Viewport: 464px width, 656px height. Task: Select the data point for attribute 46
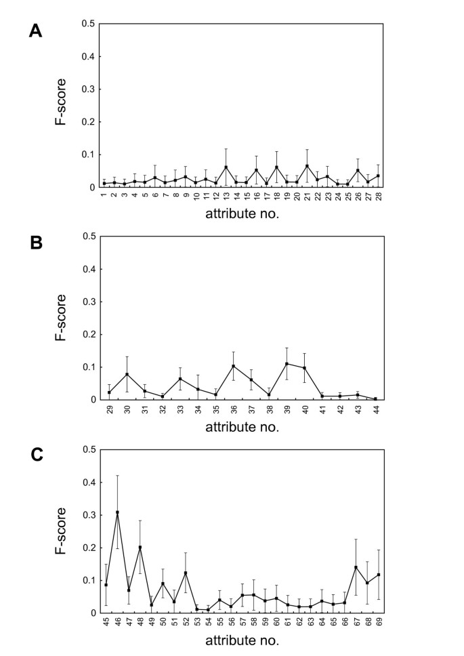tap(117, 512)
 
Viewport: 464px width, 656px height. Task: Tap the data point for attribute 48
tap(140, 547)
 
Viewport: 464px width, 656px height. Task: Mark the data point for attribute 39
tap(287, 364)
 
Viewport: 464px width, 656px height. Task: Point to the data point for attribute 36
tap(233, 366)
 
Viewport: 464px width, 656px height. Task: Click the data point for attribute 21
tap(308, 166)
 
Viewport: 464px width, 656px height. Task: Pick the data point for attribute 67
tap(356, 567)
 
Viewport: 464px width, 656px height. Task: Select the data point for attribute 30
tap(127, 374)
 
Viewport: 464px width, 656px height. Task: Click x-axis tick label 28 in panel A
tap(378, 196)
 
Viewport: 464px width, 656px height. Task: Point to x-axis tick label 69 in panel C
tap(379, 622)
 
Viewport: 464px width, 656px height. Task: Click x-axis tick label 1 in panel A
tap(104, 195)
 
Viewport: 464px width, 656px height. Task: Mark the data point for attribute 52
tap(186, 573)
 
